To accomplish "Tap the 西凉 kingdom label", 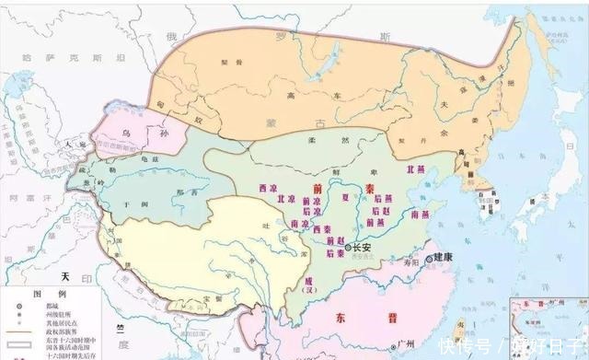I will coord(268,188).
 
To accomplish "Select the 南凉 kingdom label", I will coord(300,224).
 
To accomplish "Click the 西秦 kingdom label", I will coord(322,229).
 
